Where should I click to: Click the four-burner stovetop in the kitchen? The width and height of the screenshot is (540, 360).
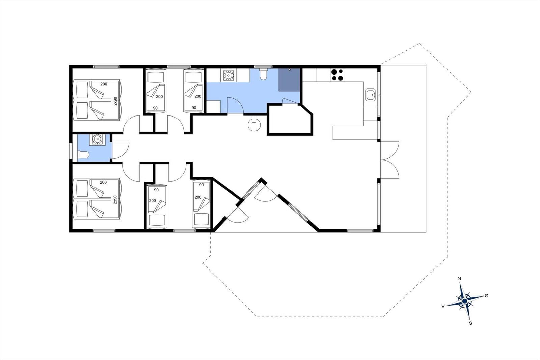click(337, 75)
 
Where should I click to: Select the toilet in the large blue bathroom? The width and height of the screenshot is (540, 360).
click(263, 74)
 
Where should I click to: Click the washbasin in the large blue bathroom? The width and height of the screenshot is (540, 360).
click(228, 75)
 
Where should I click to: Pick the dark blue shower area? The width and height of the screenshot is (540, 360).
click(289, 80)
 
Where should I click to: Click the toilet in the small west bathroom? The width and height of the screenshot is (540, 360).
click(83, 155)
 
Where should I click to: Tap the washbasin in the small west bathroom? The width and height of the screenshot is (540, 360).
click(97, 139)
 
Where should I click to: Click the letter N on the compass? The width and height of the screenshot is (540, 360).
click(459, 279)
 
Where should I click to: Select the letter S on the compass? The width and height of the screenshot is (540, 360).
click(470, 323)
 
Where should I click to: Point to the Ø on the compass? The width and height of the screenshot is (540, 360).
click(486, 295)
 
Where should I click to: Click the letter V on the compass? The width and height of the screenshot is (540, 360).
click(443, 306)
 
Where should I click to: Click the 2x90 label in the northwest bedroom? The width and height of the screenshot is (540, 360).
click(115, 101)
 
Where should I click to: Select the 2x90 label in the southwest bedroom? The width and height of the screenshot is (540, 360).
click(115, 200)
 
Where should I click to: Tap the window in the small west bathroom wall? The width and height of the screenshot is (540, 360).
click(71, 151)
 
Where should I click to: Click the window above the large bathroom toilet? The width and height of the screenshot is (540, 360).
click(263, 67)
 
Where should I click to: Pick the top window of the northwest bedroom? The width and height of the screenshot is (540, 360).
click(106, 67)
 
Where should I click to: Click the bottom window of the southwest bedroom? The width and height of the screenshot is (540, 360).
click(104, 231)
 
